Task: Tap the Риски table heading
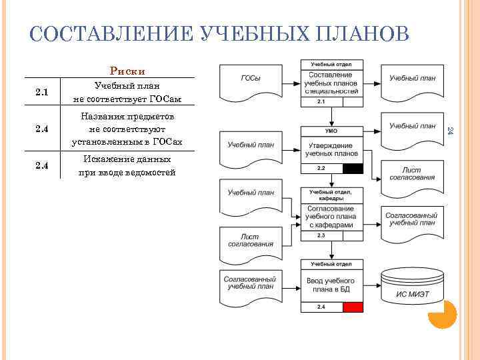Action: (127, 71)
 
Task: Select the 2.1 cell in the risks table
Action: (41, 92)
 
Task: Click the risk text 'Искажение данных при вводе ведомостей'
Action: (127, 166)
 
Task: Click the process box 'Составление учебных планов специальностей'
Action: (331, 83)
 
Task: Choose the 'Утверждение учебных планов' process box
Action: (331, 149)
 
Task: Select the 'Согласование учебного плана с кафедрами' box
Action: (331, 216)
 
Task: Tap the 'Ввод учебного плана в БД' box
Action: (331, 285)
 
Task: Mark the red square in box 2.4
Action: (353, 307)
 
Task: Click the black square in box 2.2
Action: (353, 169)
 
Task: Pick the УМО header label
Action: (331, 131)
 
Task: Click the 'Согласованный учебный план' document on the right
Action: (410, 219)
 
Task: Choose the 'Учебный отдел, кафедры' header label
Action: (331, 195)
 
